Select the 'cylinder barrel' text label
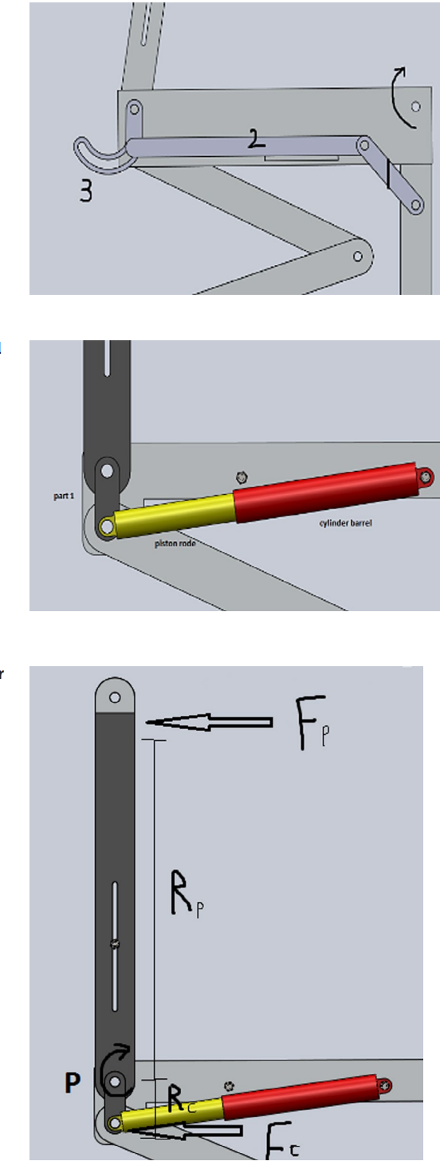[340, 523]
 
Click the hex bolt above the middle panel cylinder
[241, 477]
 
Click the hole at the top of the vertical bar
[115, 697]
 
